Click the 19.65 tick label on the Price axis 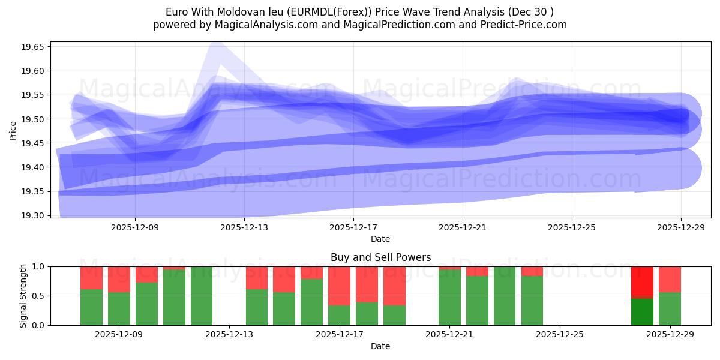click(34, 47)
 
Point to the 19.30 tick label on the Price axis click(34, 215)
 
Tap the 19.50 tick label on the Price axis click(34, 119)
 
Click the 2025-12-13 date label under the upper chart click(244, 227)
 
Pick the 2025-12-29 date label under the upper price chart click(681, 227)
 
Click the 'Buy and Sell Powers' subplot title click(380, 257)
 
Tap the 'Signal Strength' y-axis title click(23, 295)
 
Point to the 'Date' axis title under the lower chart click(380, 346)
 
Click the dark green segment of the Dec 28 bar click(642, 312)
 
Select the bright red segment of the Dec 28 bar click(642, 281)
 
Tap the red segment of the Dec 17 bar click(339, 286)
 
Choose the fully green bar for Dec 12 click(202, 296)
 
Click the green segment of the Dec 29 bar click(670, 308)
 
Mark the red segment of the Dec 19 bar click(394, 286)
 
